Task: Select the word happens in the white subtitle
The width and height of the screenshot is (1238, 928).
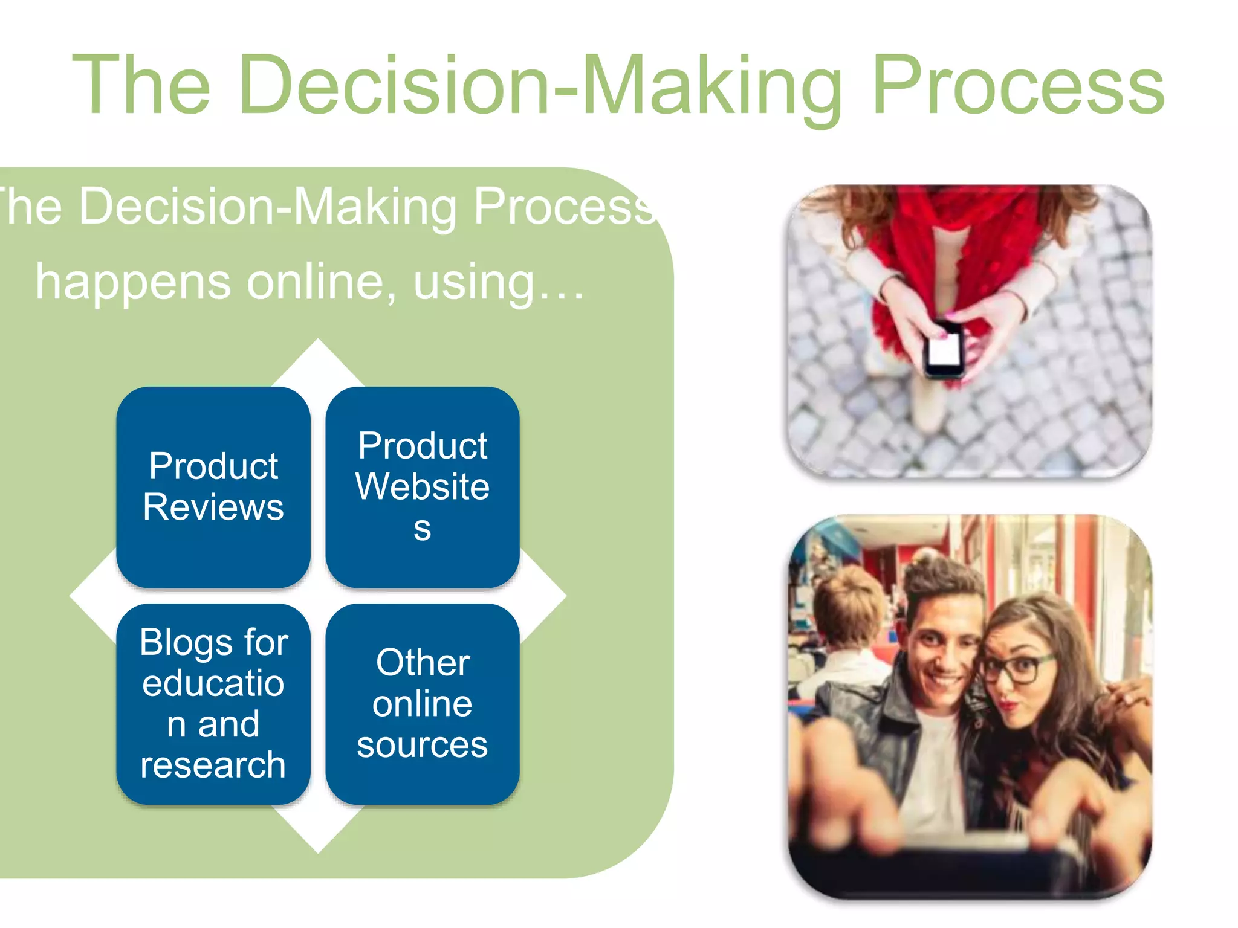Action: point(133,282)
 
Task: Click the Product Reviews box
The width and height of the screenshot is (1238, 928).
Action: point(213,487)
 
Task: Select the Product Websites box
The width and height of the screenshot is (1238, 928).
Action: point(423,487)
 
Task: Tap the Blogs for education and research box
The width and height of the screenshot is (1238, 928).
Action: point(213,704)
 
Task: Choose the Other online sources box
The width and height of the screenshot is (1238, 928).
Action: point(423,704)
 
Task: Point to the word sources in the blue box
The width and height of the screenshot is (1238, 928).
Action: point(423,744)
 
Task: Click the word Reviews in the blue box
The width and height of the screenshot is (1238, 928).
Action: point(213,507)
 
